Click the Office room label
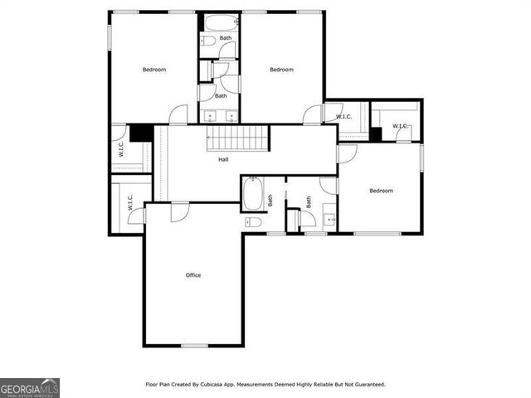click(193, 275)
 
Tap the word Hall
click(224, 159)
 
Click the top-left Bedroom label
click(154, 70)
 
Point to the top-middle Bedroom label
click(281, 70)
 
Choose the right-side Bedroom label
click(381, 191)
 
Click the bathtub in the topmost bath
click(220, 22)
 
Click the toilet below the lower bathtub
click(253, 222)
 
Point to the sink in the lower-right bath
click(329, 220)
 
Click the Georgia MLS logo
click(30, 388)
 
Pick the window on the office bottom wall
click(194, 345)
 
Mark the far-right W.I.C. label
click(400, 126)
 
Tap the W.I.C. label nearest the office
click(129, 202)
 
